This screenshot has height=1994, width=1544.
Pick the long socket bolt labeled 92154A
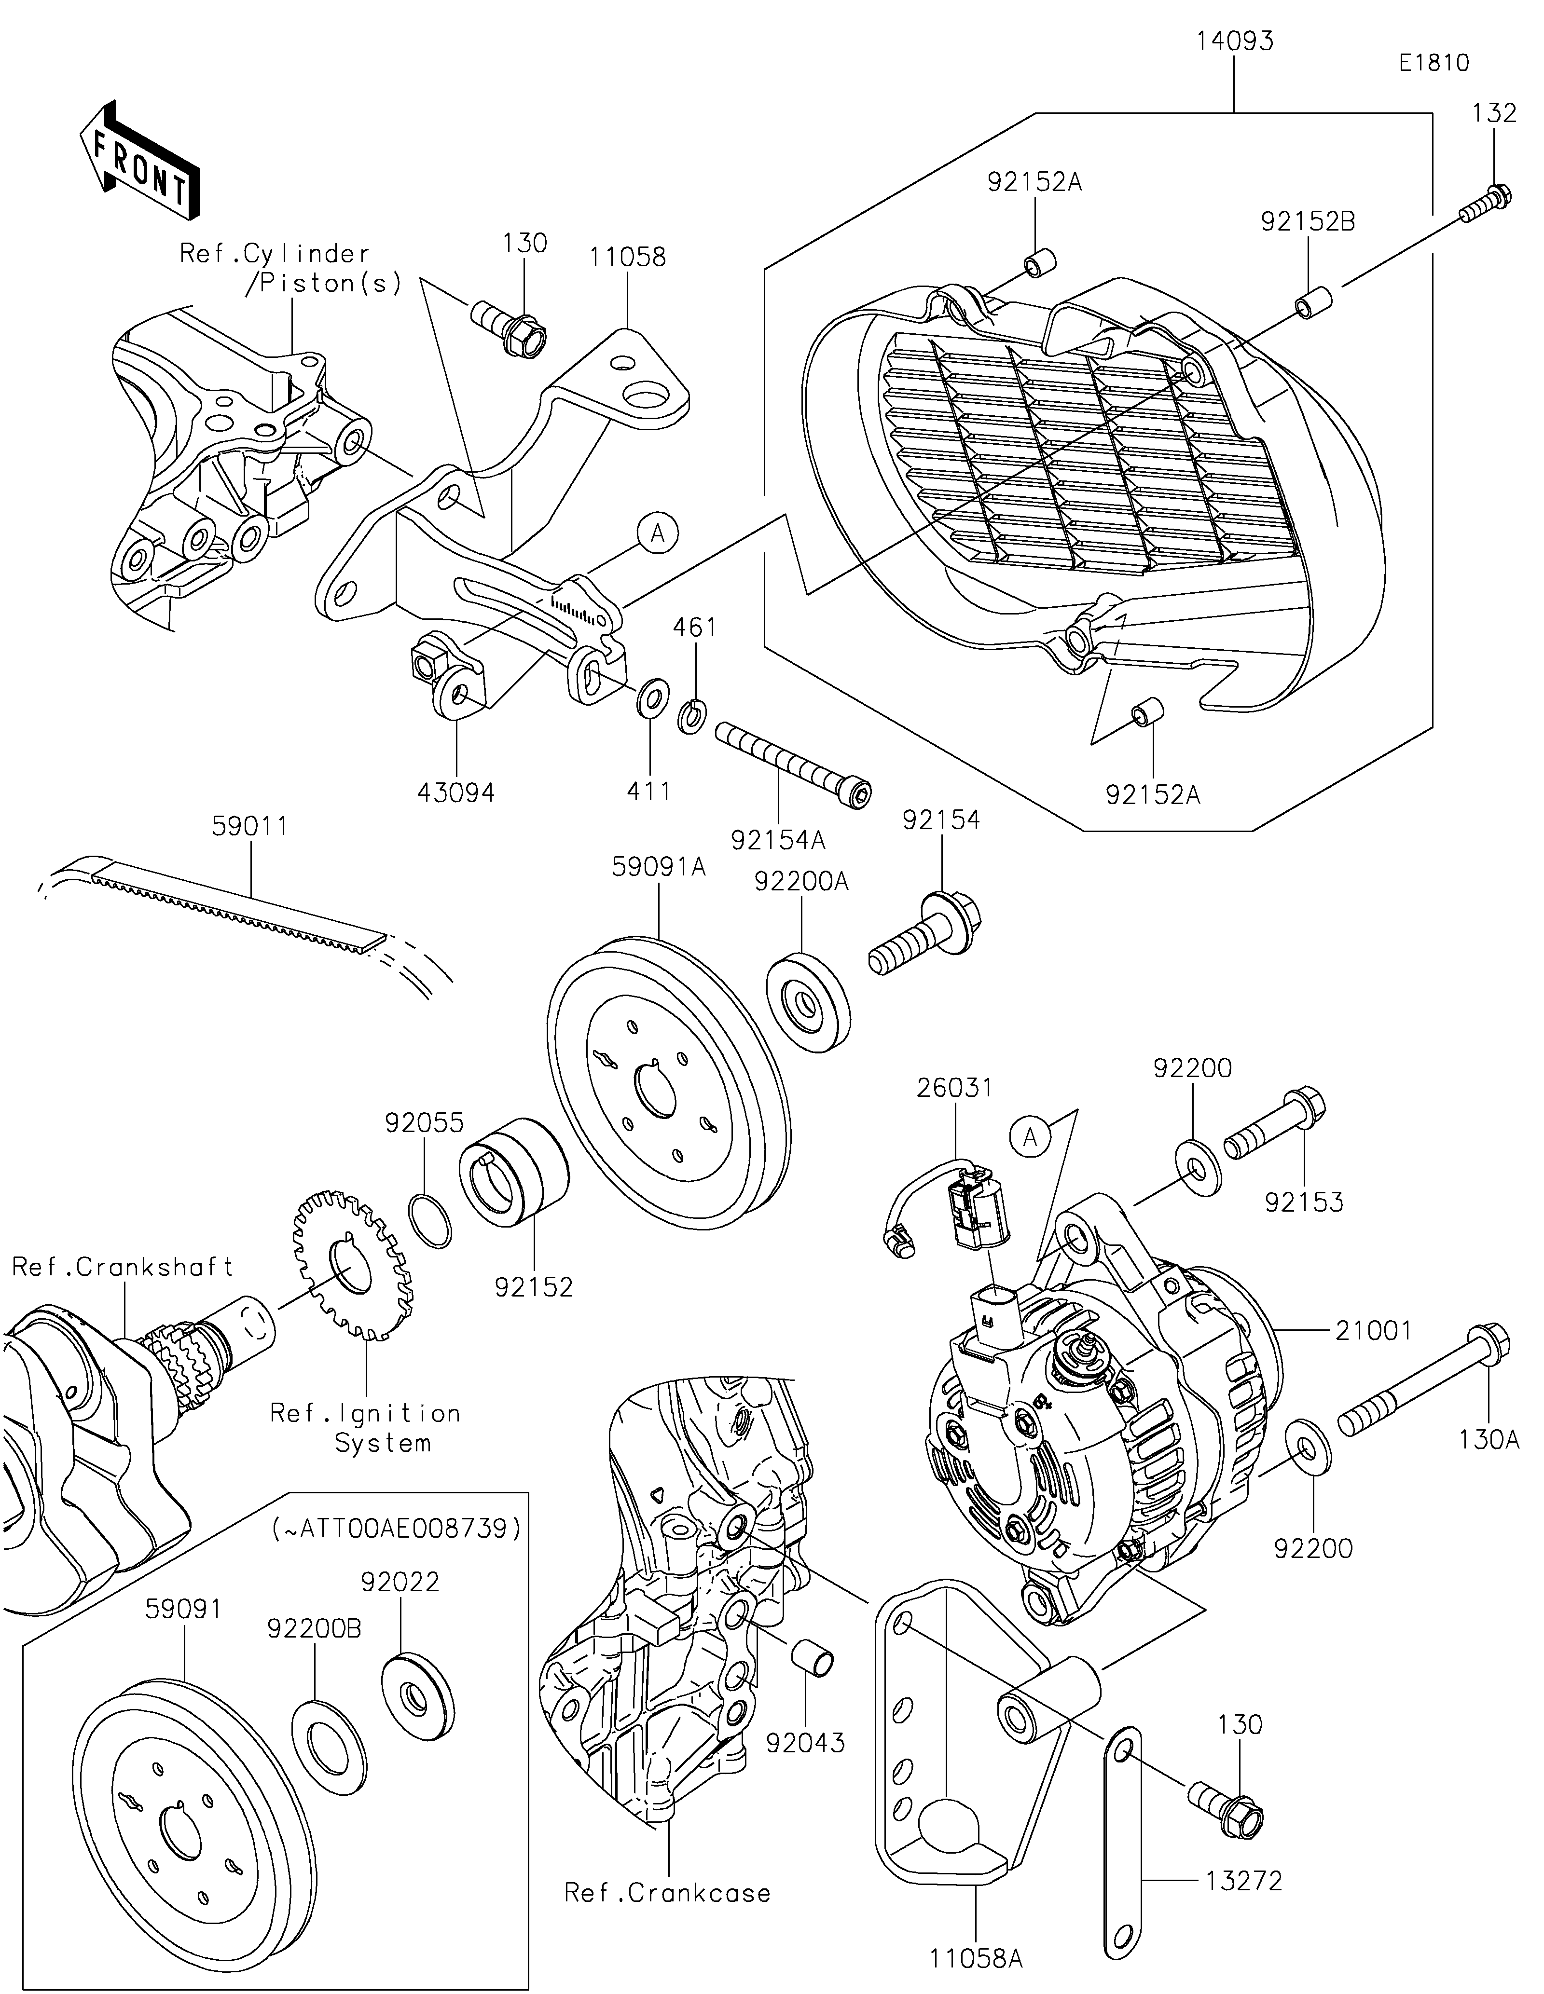(793, 764)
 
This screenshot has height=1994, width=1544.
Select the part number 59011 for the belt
(249, 826)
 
